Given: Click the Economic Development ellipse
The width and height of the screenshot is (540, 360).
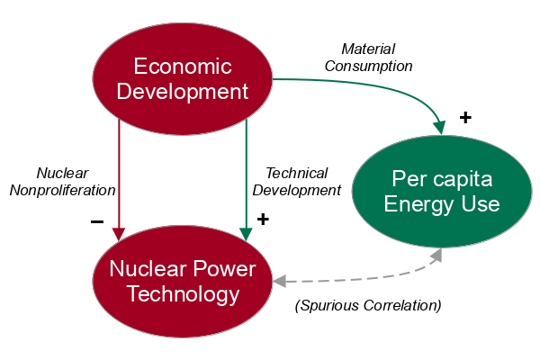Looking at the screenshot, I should click(x=183, y=79).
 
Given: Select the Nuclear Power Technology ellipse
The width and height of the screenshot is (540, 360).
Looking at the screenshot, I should click(x=183, y=282).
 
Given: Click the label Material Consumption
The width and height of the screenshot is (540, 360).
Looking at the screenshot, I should click(x=368, y=57).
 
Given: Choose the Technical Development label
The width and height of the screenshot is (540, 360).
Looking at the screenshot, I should click(x=296, y=181).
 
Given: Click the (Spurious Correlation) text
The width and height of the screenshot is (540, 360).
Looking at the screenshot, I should click(x=368, y=305).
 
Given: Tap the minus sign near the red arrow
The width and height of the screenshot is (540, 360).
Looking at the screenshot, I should click(x=97, y=221).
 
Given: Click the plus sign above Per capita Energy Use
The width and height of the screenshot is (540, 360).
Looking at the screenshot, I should click(x=465, y=117).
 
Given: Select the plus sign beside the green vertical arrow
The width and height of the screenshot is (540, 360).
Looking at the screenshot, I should click(x=263, y=219).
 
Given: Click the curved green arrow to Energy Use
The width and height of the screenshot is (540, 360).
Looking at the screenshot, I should click(x=396, y=85).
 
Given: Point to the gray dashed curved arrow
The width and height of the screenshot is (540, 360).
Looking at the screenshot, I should click(x=360, y=277).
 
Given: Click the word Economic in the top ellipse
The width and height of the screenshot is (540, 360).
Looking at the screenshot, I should click(x=183, y=67).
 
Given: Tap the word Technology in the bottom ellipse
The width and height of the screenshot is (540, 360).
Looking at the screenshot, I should click(x=183, y=294).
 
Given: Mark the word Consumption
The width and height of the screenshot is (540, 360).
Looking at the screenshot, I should click(x=368, y=66).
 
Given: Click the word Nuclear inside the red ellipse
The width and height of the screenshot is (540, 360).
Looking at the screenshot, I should click(x=145, y=269).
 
